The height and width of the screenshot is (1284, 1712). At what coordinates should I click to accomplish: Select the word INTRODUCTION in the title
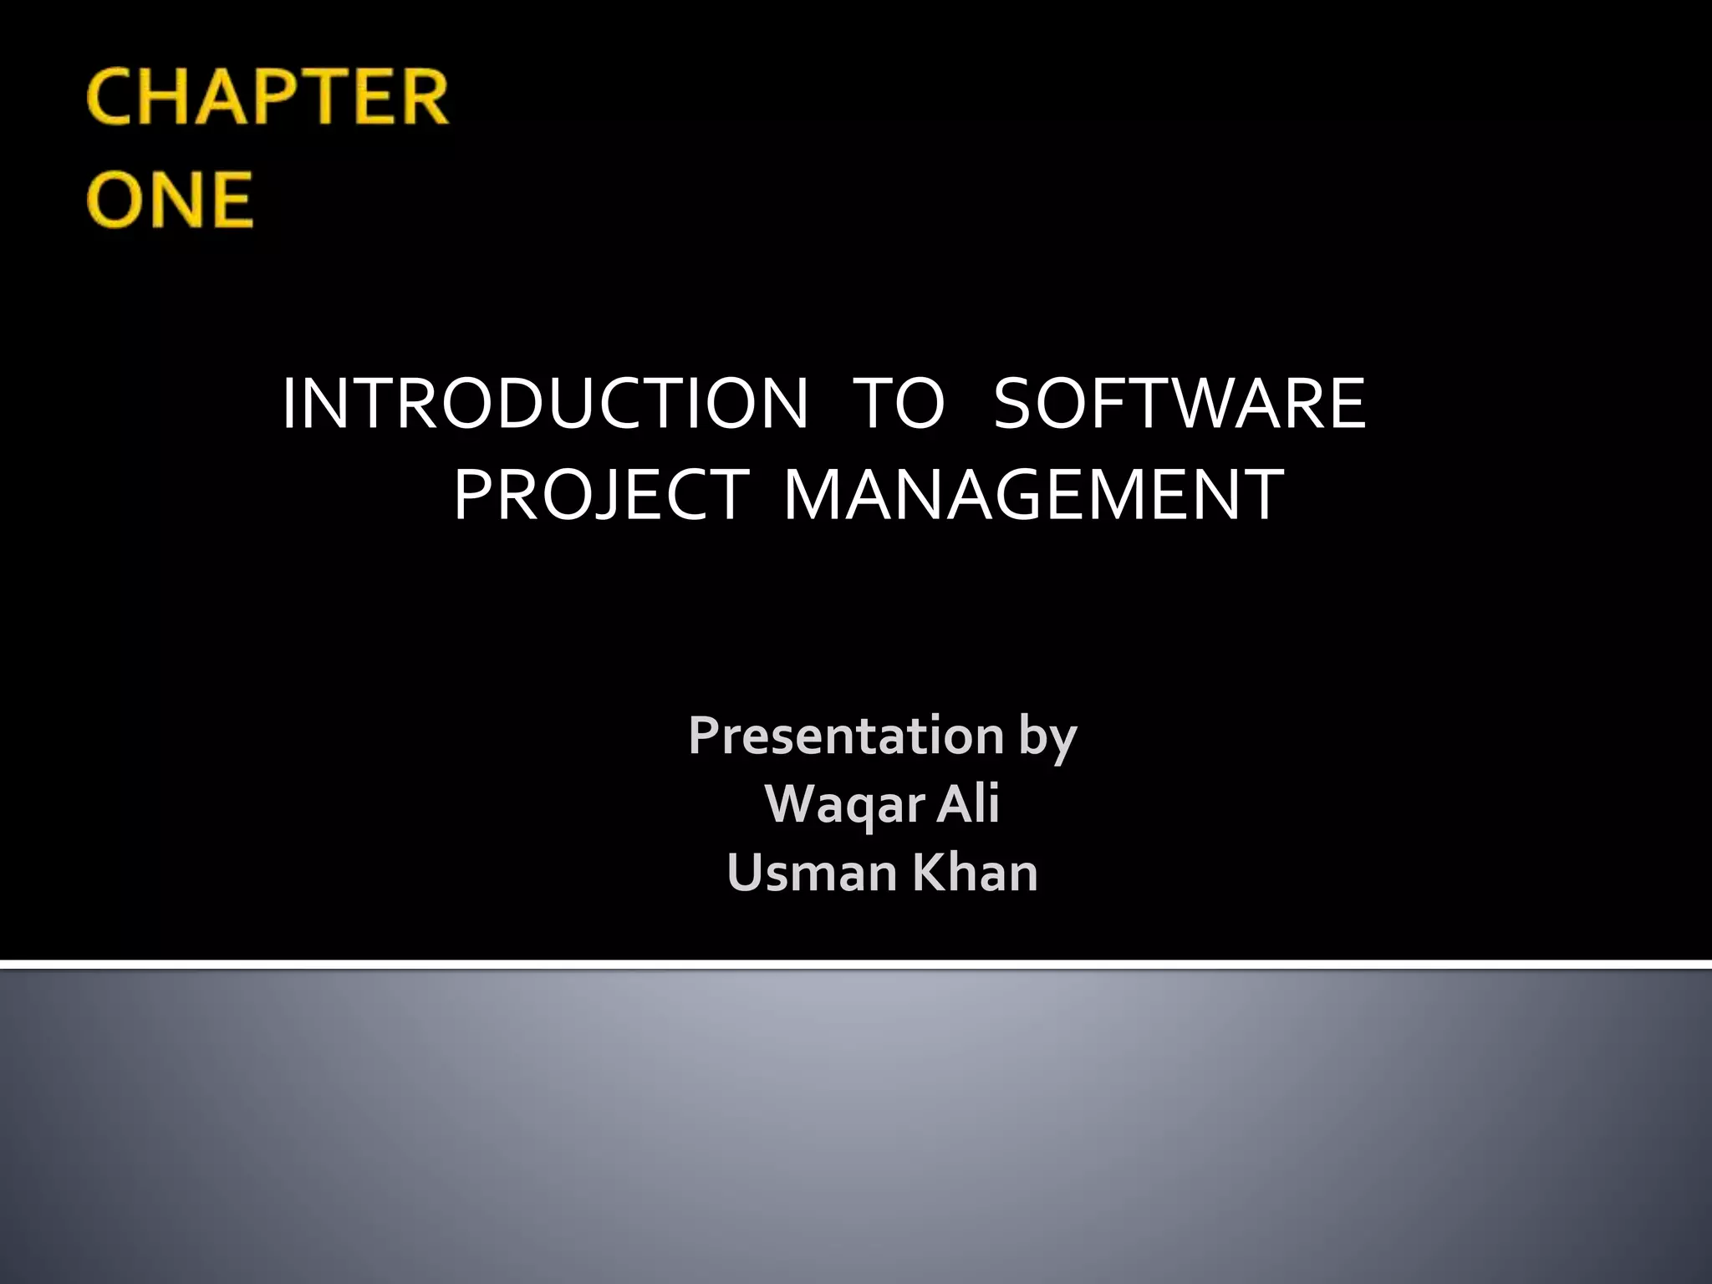point(545,404)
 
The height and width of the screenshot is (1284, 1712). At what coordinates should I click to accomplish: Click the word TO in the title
point(900,404)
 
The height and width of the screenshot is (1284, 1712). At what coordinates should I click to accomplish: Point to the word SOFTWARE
point(1179,404)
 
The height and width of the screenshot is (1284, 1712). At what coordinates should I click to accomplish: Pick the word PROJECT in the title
point(600,495)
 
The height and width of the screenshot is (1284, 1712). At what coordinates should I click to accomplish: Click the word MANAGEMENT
point(1033,495)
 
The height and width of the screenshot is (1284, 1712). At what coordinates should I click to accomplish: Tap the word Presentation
point(845,736)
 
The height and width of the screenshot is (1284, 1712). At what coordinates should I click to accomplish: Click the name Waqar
point(843,804)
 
